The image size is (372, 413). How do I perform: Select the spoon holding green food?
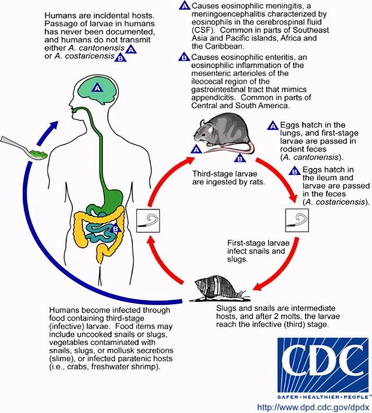pyautogui.click(x=24, y=148)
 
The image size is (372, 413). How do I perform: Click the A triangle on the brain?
pyautogui.click(x=98, y=88)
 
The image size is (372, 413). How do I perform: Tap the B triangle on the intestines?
pyautogui.click(x=116, y=228)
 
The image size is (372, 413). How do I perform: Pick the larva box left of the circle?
pyautogui.click(x=148, y=221)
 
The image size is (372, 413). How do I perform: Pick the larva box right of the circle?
pyautogui.click(x=297, y=220)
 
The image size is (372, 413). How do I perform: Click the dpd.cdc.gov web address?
pyautogui.click(x=313, y=407)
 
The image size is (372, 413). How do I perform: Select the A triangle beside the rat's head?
pyautogui.click(x=196, y=149)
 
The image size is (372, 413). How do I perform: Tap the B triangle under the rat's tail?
pyautogui.click(x=240, y=158)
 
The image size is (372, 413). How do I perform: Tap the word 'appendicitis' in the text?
pyautogui.click(x=213, y=97)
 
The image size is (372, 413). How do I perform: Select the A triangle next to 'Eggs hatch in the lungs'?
pyautogui.click(x=273, y=125)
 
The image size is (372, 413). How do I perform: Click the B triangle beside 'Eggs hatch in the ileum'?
pyautogui.click(x=295, y=171)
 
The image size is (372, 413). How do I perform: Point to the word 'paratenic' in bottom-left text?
pyautogui.click(x=137, y=358)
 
